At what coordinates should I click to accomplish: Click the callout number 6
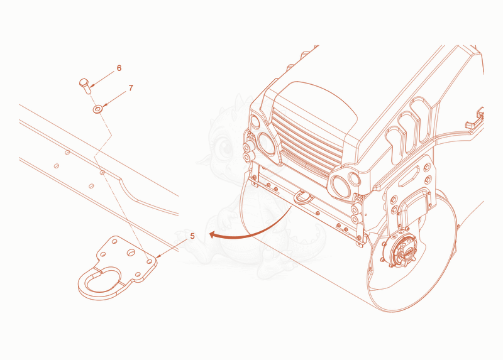[x=119, y=68]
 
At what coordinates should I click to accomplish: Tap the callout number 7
[x=131, y=88]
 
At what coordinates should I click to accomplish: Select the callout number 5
[x=192, y=236]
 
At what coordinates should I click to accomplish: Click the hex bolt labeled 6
[x=86, y=85]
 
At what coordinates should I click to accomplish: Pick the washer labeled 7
[x=97, y=109]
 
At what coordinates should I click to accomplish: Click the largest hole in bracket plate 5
[x=131, y=253]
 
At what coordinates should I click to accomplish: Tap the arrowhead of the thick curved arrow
[x=213, y=235]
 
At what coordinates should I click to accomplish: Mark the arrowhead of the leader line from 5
[x=158, y=256]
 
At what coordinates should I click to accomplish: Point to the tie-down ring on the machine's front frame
[x=302, y=196]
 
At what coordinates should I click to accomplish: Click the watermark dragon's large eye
[x=224, y=148]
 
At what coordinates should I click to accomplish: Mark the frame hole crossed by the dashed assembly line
[x=102, y=173]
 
